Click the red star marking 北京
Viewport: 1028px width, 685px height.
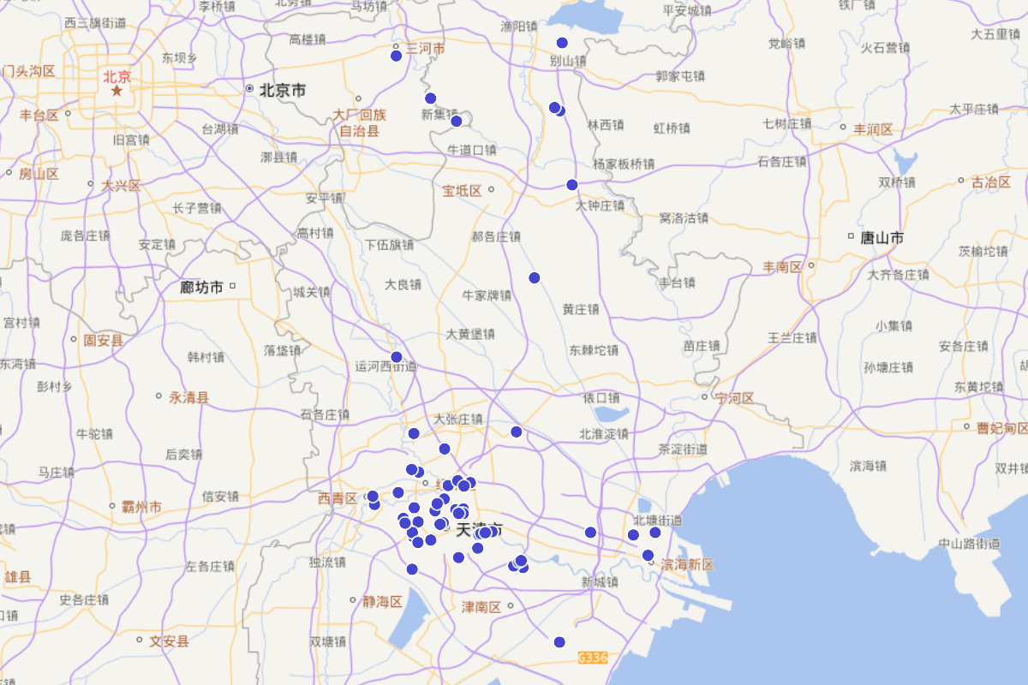pyautogui.click(x=117, y=90)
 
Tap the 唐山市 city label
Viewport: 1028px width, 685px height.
pyautogui.click(x=882, y=237)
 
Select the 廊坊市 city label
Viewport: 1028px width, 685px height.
pyautogui.click(x=201, y=287)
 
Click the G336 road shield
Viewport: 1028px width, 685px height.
pyautogui.click(x=593, y=658)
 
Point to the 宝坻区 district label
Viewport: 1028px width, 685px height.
pyautogui.click(x=463, y=191)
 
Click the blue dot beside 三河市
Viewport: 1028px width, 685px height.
pyautogui.click(x=396, y=56)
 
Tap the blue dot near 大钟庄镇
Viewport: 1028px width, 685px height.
pyautogui.click(x=572, y=184)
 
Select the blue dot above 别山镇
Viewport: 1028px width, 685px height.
pyautogui.click(x=562, y=43)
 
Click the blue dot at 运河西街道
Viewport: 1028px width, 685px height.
pyautogui.click(x=396, y=357)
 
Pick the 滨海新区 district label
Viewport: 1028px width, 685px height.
pyautogui.click(x=687, y=565)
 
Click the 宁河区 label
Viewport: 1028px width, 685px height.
pyautogui.click(x=735, y=398)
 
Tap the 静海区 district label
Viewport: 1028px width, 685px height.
pyautogui.click(x=382, y=601)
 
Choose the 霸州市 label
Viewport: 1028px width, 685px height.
pyautogui.click(x=141, y=507)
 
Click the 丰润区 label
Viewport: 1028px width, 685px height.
pyautogui.click(x=873, y=130)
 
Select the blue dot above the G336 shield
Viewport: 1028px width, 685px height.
pyautogui.click(x=559, y=642)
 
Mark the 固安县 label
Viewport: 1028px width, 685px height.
pyautogui.click(x=103, y=341)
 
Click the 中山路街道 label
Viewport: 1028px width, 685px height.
pyautogui.click(x=969, y=543)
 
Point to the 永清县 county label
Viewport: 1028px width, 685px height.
pyautogui.click(x=189, y=397)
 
